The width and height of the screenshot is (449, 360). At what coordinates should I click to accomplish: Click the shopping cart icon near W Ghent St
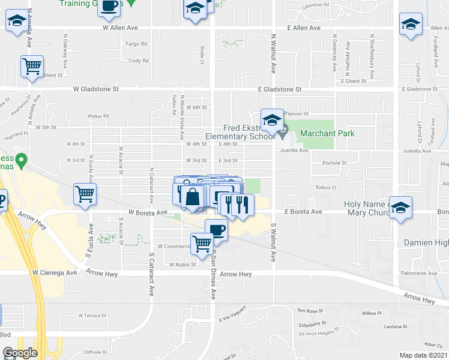point(32,65)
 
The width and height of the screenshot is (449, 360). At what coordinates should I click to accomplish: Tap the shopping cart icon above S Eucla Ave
point(85,193)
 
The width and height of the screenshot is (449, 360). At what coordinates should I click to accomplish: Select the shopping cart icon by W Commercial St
point(202,242)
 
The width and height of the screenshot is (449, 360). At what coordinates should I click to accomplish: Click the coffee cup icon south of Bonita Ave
point(216,229)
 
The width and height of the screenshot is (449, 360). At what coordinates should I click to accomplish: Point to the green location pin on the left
point(22,160)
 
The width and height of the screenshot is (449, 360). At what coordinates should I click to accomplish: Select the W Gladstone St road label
point(96,89)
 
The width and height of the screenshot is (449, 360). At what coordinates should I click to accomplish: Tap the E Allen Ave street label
point(304,28)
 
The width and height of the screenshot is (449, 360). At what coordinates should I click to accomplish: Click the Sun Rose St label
point(310,311)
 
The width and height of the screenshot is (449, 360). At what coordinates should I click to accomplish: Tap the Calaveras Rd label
point(317,4)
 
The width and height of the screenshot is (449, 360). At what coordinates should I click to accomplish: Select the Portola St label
point(335,163)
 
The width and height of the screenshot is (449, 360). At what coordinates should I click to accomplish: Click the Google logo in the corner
point(20,353)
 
